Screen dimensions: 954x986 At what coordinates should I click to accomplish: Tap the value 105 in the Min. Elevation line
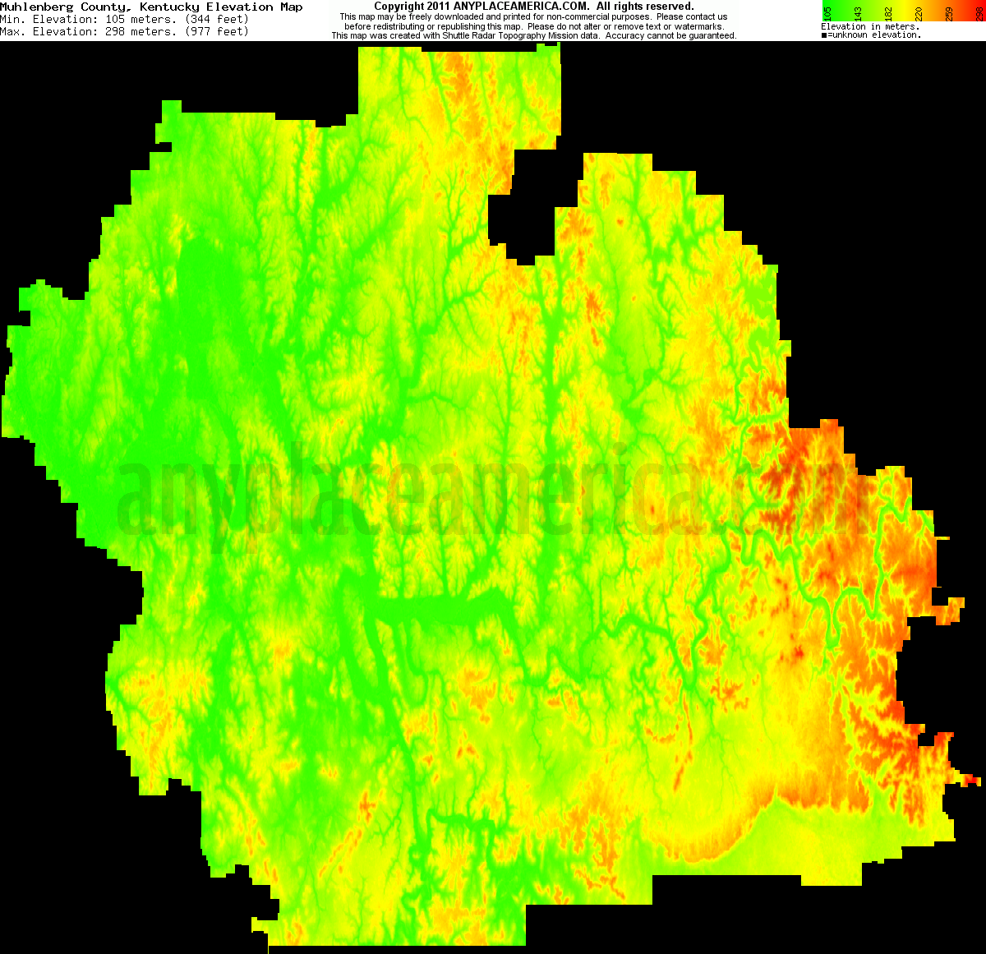pos(117,20)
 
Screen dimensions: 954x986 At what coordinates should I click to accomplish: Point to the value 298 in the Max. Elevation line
pos(117,32)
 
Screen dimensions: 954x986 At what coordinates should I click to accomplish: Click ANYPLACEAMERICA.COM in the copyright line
pos(521,7)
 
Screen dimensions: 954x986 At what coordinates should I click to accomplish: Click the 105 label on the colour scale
pos(827,13)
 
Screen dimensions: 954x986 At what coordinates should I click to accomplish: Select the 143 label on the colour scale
pos(858,13)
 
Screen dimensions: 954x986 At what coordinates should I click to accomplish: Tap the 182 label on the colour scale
pos(888,13)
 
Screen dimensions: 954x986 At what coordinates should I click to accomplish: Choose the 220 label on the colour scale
pos(919,13)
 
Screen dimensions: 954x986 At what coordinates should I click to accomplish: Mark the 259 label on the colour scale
pos(949,13)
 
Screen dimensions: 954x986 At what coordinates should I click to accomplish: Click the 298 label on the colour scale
pos(979,13)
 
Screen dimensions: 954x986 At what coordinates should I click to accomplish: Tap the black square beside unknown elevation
pos(824,35)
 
